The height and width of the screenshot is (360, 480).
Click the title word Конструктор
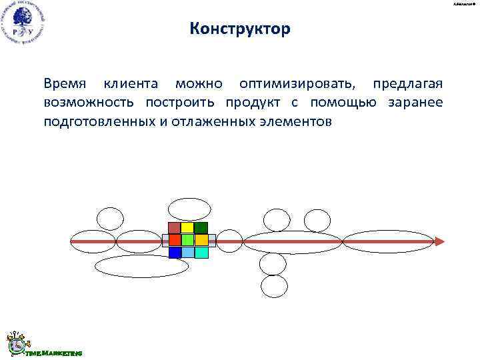(240, 29)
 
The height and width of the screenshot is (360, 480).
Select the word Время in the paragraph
(65, 85)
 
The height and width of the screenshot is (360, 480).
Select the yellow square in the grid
(188, 227)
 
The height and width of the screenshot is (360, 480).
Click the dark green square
(201, 227)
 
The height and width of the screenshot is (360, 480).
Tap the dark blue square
(175, 253)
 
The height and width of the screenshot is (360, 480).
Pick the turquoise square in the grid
(201, 253)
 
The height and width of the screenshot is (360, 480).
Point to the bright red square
(175, 240)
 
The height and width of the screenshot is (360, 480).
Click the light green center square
(188, 240)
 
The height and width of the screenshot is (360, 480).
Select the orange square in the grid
(201, 240)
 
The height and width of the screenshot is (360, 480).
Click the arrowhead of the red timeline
(439, 241)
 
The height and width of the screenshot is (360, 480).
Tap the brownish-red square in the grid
(175, 227)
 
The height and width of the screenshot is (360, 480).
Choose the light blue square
(188, 253)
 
